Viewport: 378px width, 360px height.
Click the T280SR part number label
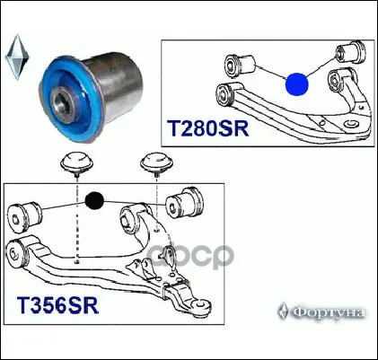pyautogui.click(x=207, y=128)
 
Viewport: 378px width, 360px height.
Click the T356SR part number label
pyautogui.click(x=57, y=305)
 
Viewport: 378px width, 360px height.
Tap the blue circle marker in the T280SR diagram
pyautogui.click(x=296, y=84)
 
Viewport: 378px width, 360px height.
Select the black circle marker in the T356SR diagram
pyautogui.click(x=94, y=200)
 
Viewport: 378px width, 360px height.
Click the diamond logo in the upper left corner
pyautogui.click(x=17, y=57)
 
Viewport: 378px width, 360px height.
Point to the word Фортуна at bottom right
pyautogui.click(x=329, y=312)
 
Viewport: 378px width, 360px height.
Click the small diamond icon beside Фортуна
pyautogui.click(x=283, y=312)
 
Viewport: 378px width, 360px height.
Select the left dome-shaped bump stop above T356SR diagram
pyautogui.click(x=77, y=164)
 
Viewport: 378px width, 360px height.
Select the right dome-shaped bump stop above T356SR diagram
pyautogui.click(x=157, y=164)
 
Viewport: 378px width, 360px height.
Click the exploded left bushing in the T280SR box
pyautogui.click(x=240, y=64)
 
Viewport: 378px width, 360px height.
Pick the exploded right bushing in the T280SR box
pyautogui.click(x=350, y=51)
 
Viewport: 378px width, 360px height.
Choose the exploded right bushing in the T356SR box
pyautogui.click(x=185, y=204)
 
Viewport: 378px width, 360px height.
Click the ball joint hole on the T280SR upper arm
pyautogui.click(x=350, y=124)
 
